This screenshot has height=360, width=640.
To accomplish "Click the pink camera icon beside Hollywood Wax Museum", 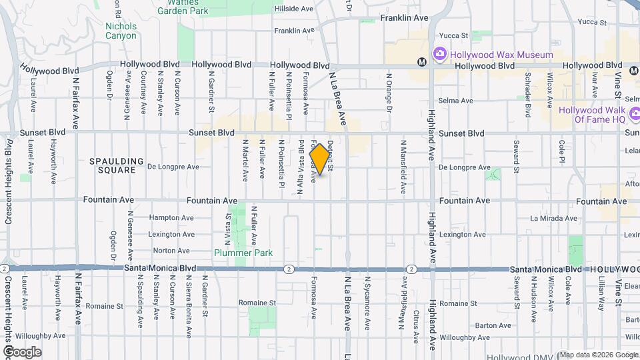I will [x=439, y=54].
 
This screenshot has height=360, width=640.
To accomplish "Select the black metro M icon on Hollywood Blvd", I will [x=421, y=62].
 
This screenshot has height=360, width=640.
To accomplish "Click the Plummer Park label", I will [x=243, y=253].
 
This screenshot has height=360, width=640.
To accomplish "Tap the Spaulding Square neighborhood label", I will [x=117, y=165].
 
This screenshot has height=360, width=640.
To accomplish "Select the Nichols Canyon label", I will [x=121, y=31].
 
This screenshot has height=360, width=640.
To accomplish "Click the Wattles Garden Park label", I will [x=182, y=7].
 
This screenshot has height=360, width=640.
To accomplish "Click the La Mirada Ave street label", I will [x=553, y=218].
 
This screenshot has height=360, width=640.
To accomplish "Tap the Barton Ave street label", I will [x=494, y=325].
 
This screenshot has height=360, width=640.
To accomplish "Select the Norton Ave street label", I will [x=172, y=251].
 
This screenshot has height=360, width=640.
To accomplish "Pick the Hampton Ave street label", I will [x=172, y=217].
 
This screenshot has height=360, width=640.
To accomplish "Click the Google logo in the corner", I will [x=22, y=352].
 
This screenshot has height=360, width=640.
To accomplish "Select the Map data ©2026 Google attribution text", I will [x=598, y=355].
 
